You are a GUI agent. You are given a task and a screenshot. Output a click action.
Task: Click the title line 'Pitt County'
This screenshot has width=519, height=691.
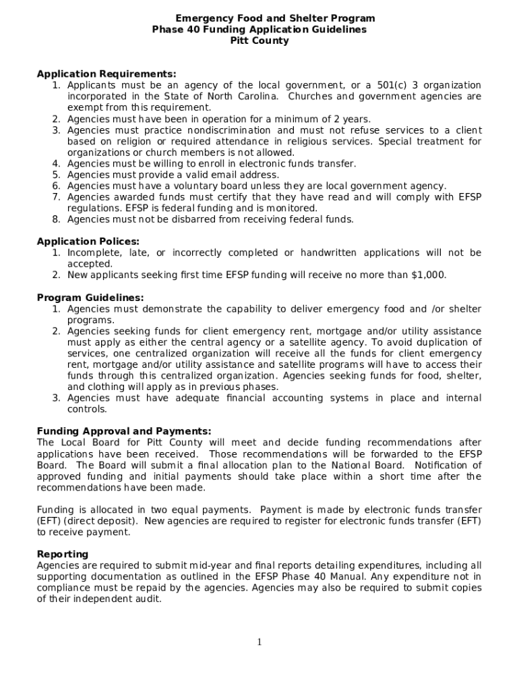coord(259,40)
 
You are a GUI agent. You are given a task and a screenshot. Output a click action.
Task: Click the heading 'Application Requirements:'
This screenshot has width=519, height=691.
coord(106,74)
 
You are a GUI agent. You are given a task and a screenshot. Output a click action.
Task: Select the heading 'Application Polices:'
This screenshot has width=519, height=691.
coord(88,241)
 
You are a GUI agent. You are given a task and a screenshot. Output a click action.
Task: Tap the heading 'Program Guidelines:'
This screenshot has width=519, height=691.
coord(90,298)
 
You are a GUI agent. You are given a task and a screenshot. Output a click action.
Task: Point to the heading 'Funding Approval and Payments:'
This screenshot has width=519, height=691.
coord(124,431)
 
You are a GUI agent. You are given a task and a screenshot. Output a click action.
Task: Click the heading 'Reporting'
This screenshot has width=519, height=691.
coord(63,554)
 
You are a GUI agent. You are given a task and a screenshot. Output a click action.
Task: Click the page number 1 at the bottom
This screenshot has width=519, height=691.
coord(259,642)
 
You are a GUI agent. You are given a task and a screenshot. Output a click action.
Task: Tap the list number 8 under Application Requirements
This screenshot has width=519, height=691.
coord(57,219)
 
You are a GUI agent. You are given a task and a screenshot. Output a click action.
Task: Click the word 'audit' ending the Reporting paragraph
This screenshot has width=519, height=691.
coord(148,599)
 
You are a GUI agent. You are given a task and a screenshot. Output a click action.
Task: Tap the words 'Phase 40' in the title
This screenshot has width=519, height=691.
coord(173,30)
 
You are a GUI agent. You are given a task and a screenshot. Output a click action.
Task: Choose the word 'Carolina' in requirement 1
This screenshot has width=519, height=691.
coord(257,96)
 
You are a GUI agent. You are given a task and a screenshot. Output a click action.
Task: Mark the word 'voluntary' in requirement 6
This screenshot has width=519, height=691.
coord(190,186)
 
